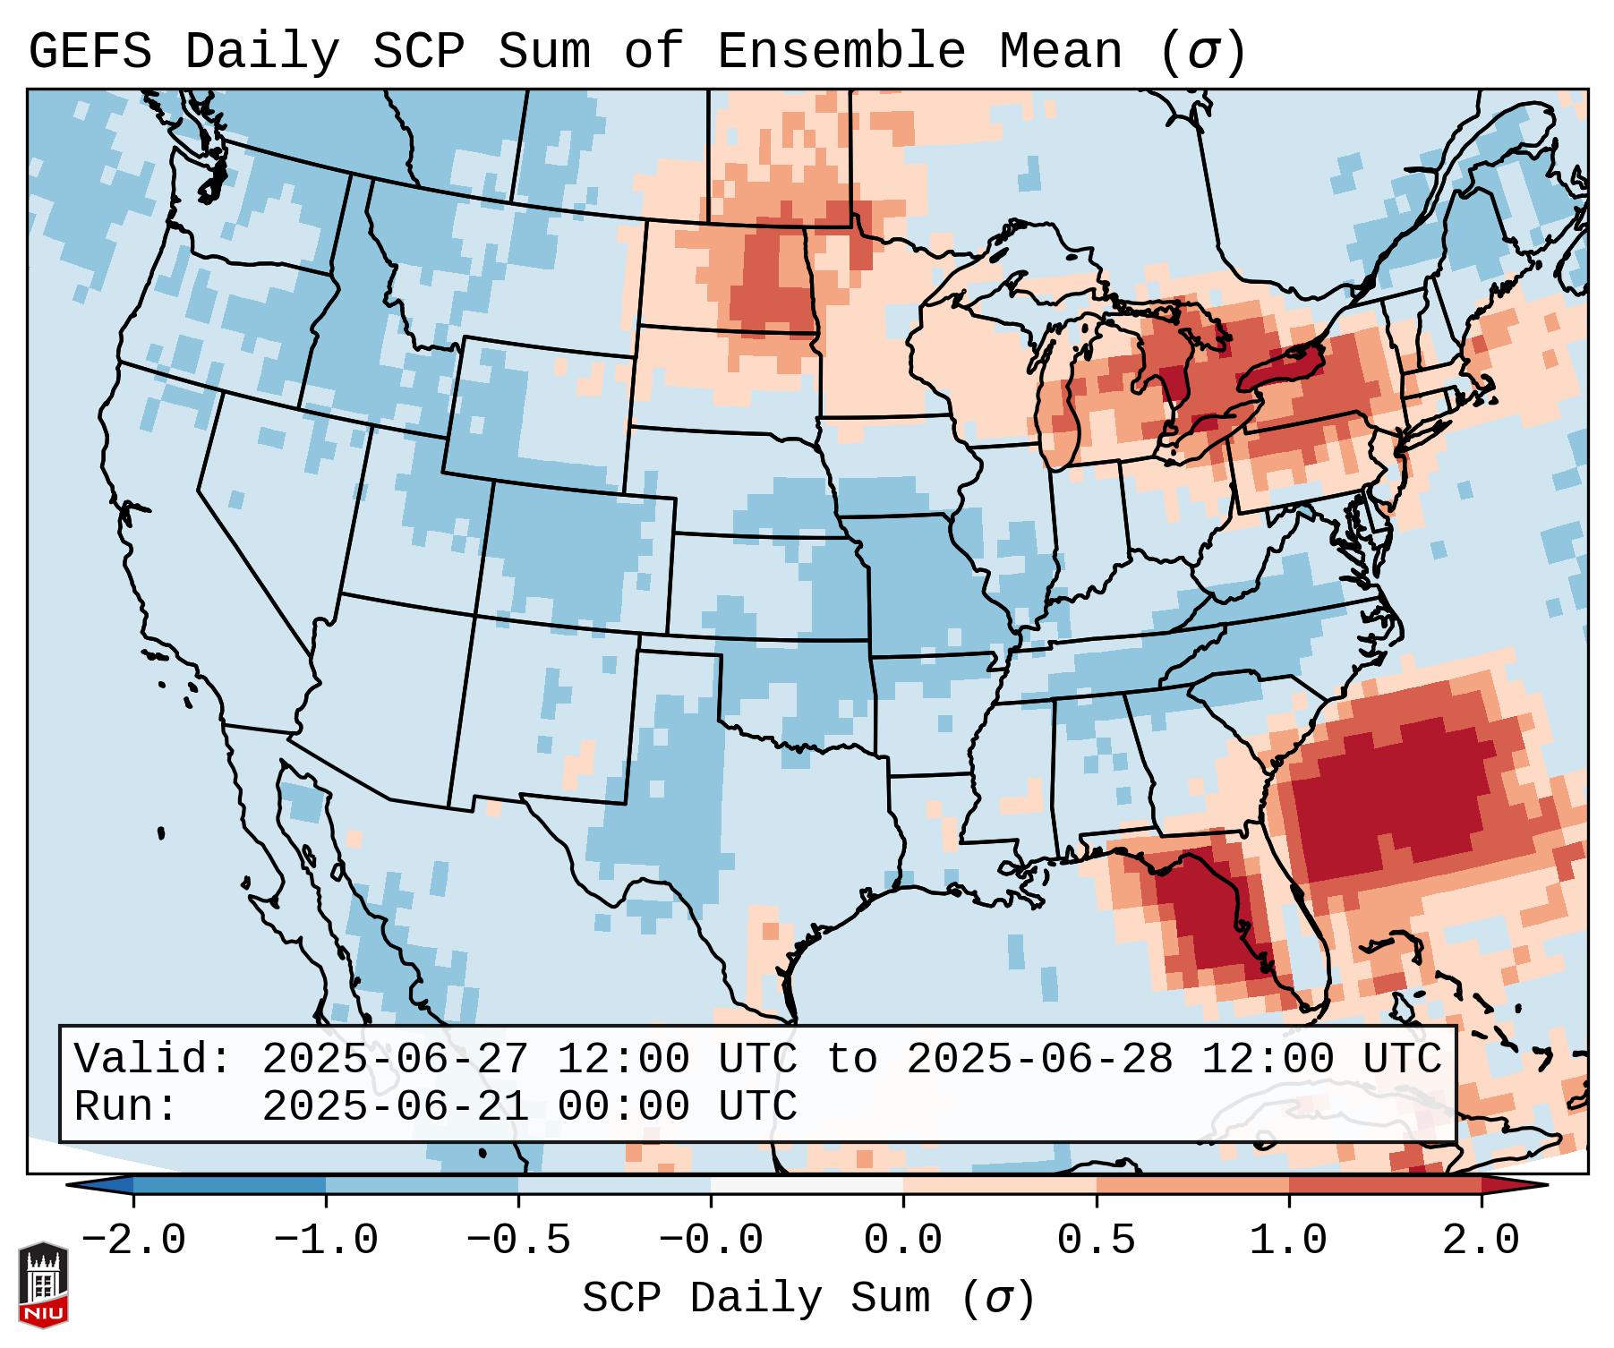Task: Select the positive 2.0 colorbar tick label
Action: click(1481, 1241)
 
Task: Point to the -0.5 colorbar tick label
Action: click(518, 1241)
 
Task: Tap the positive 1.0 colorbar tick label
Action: click(1288, 1241)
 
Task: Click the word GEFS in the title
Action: click(90, 51)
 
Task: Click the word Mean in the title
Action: click(1061, 51)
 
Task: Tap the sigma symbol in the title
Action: click(1201, 53)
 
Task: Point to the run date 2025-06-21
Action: click(395, 1106)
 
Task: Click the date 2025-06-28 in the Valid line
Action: click(1039, 1059)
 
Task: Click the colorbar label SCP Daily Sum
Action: click(756, 1299)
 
